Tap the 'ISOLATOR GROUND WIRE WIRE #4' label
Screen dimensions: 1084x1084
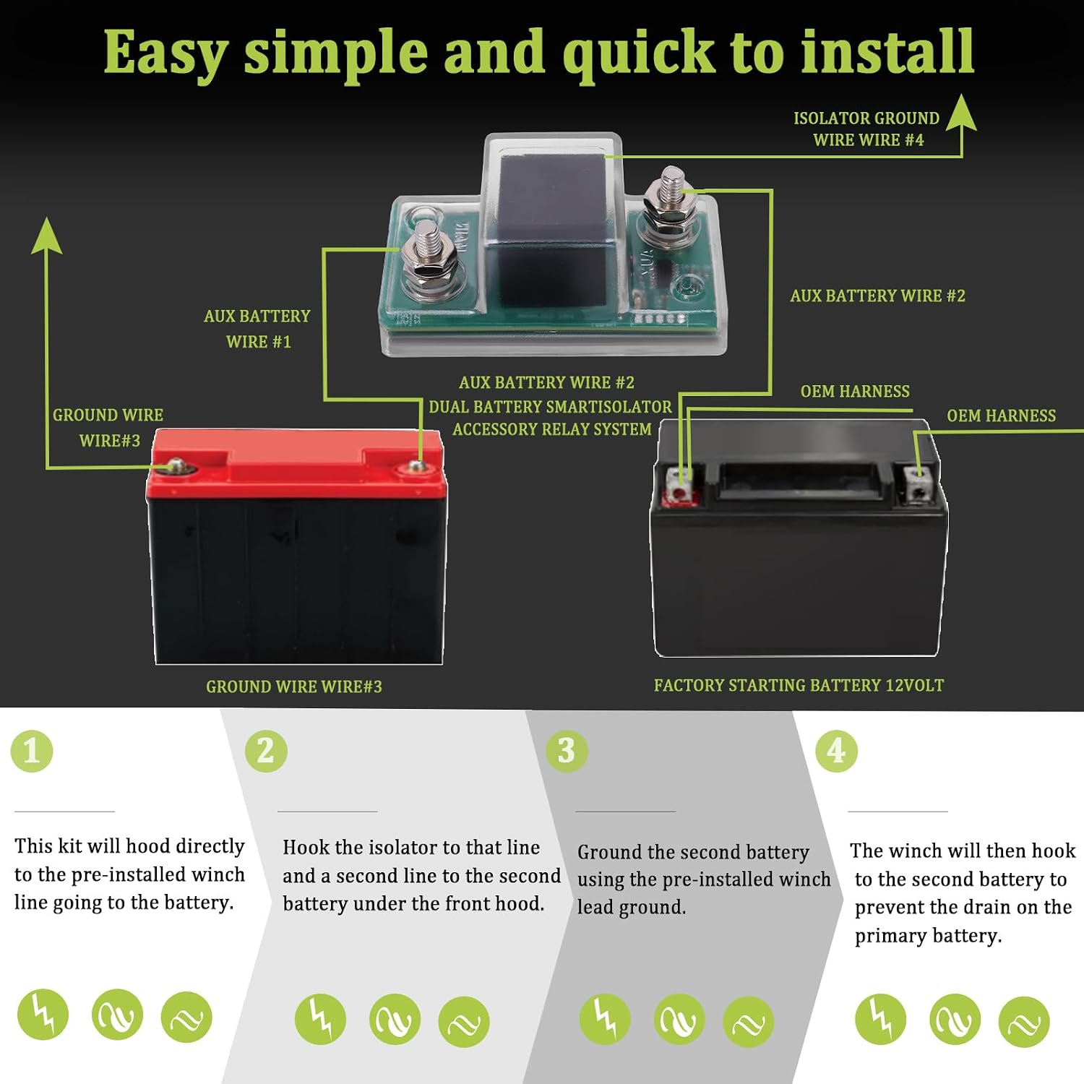(867, 129)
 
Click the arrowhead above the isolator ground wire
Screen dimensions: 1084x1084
(961, 113)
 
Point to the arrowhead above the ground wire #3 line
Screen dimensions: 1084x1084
(47, 236)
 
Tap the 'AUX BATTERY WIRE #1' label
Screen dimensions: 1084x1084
(257, 329)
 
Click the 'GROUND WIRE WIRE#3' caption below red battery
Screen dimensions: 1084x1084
(294, 687)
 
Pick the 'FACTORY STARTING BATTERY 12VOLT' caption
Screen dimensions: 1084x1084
(799, 685)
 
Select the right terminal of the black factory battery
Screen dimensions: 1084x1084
(917, 483)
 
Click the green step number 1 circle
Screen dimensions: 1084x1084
(32, 751)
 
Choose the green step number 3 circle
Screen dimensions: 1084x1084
(567, 751)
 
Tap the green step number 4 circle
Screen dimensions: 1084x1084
(836, 751)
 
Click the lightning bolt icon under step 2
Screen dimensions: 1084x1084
(320, 1019)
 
